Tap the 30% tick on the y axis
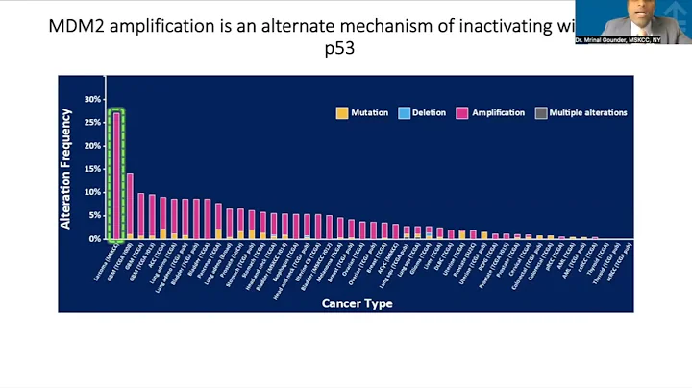point(92,99)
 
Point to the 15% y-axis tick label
point(92,169)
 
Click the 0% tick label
point(95,239)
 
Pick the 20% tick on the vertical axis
point(92,146)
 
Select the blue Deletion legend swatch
point(405,113)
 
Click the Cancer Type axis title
point(356,303)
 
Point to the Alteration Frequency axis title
point(66,168)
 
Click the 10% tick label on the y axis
point(92,192)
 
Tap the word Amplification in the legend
point(500,113)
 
